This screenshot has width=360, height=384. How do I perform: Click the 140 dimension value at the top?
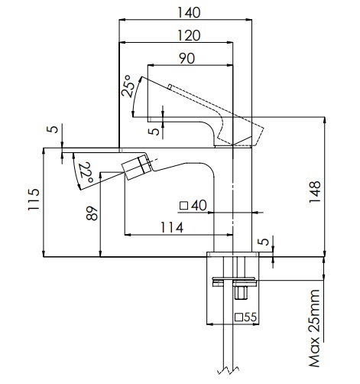189,12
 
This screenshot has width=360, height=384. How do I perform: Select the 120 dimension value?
189,35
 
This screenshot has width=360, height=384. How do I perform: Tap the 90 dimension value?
187,58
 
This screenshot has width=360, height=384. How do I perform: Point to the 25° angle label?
129,86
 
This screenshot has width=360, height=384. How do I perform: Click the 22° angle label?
85,172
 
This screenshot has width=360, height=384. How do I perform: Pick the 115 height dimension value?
34,200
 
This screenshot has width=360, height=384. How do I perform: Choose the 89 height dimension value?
92,213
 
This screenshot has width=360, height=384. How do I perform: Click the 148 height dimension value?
315,192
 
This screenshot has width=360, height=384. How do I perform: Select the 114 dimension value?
172,227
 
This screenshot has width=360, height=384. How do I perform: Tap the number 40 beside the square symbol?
199,205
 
